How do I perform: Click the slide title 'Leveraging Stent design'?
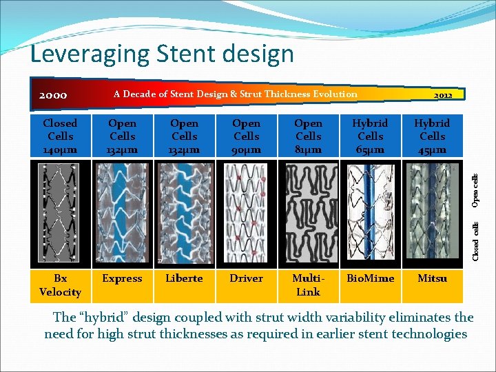point(163,54)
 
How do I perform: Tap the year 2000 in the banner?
point(53,95)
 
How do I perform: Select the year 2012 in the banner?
point(443,95)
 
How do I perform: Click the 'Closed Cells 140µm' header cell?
point(60,136)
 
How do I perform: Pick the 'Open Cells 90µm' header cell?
point(246,136)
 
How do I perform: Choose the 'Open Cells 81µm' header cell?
point(308,136)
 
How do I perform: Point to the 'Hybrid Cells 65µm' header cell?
point(370,136)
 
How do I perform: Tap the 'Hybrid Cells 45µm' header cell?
point(432,136)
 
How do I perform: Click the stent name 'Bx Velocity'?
point(60,285)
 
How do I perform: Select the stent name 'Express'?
point(122,278)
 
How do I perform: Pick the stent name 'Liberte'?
point(184,278)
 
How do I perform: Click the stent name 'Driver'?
point(246,278)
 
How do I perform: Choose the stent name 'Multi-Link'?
point(308,285)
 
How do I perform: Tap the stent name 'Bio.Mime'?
point(370,278)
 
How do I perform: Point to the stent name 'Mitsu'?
point(432,278)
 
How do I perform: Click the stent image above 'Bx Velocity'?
point(60,214)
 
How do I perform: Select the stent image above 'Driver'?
point(246,214)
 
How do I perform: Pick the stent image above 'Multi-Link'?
point(308,214)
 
